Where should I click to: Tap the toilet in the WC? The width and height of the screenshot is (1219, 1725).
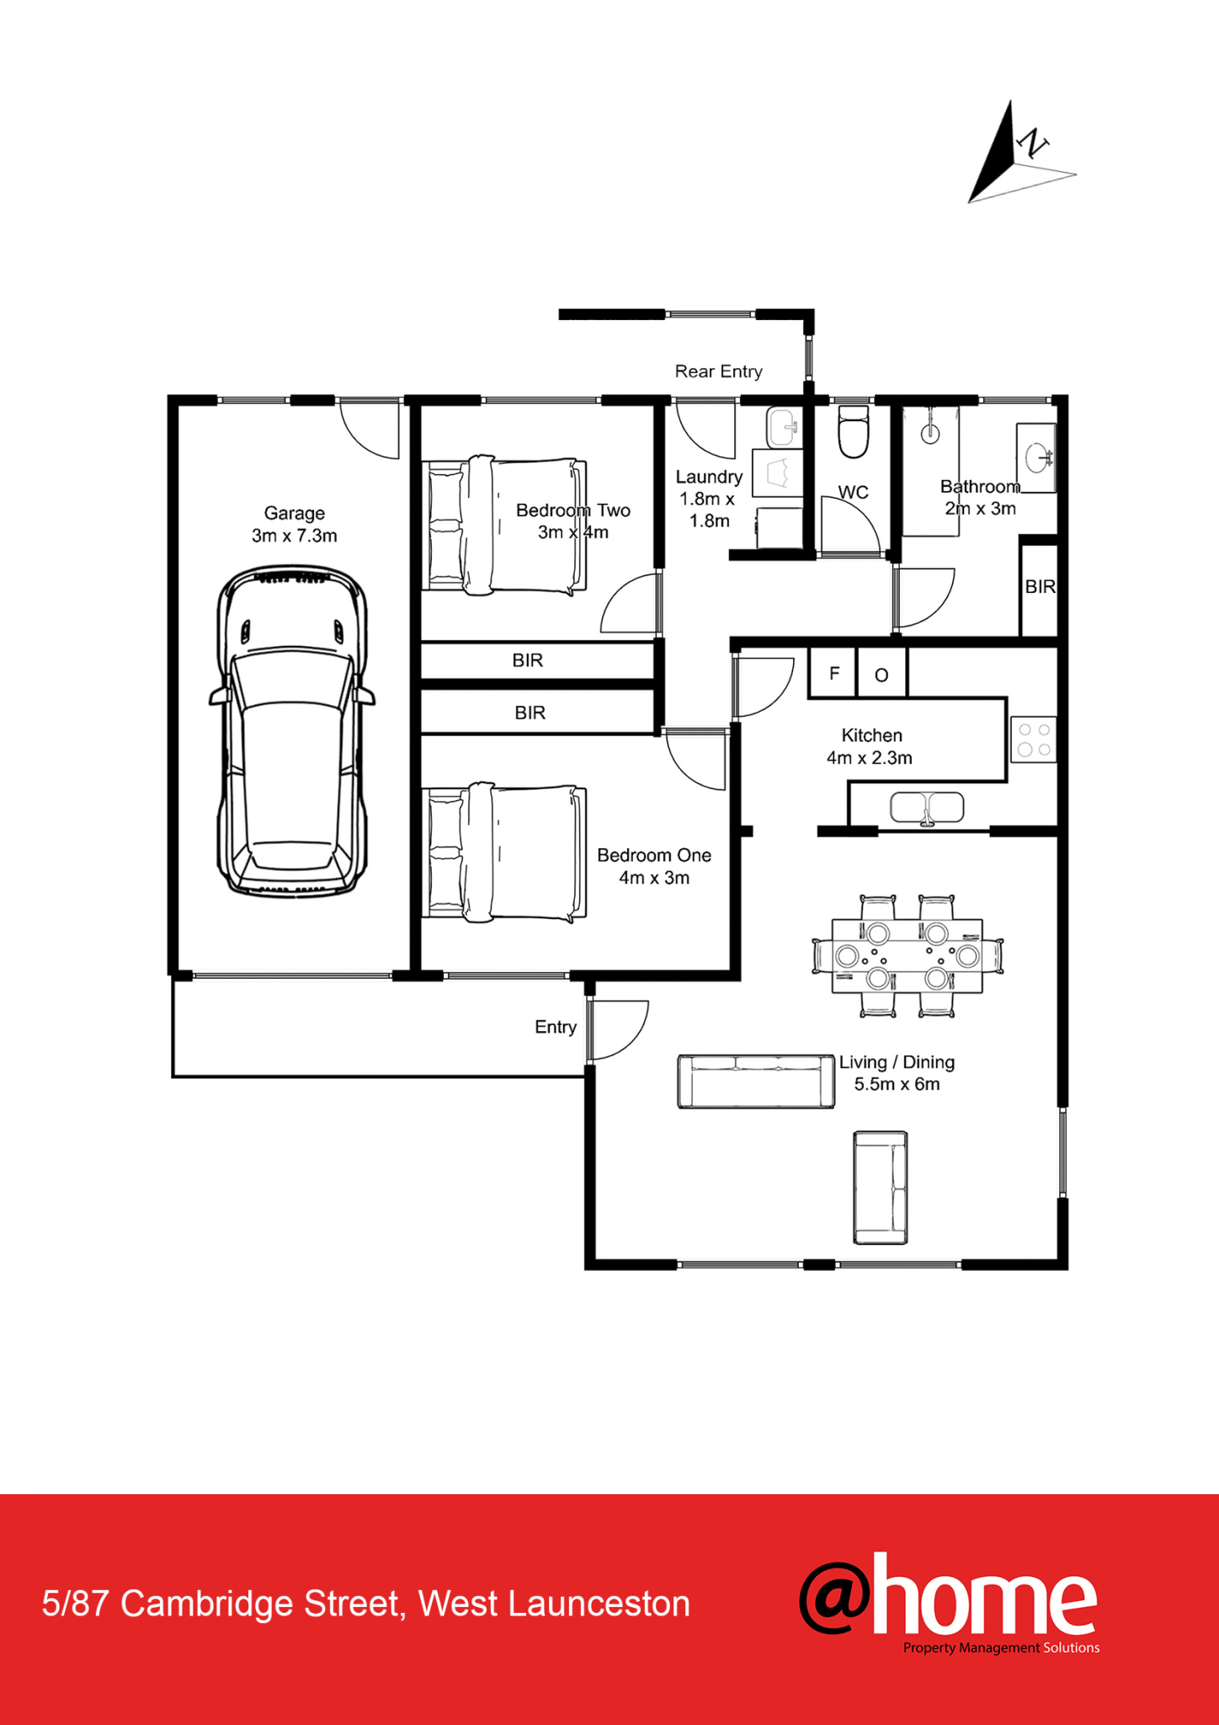click(854, 432)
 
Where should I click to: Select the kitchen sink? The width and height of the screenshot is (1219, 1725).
click(927, 809)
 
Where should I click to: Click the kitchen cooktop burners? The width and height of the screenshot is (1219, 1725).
click(1034, 740)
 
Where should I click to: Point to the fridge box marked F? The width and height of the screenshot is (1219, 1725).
click(833, 673)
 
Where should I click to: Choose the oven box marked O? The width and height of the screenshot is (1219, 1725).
click(881, 673)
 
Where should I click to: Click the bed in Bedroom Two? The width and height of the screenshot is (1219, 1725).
click(504, 526)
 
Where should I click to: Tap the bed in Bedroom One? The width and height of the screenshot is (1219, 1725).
click(504, 852)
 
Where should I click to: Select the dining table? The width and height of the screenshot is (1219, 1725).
click(908, 956)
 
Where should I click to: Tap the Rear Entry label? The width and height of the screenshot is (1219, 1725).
click(718, 371)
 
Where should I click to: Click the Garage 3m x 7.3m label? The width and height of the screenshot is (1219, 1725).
click(294, 524)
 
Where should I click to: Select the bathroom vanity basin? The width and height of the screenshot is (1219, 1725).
click(1036, 458)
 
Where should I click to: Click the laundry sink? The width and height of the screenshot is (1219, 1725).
click(783, 428)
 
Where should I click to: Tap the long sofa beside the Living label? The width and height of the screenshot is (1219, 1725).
click(756, 1081)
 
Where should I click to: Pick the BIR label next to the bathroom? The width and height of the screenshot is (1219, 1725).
click(1040, 586)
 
